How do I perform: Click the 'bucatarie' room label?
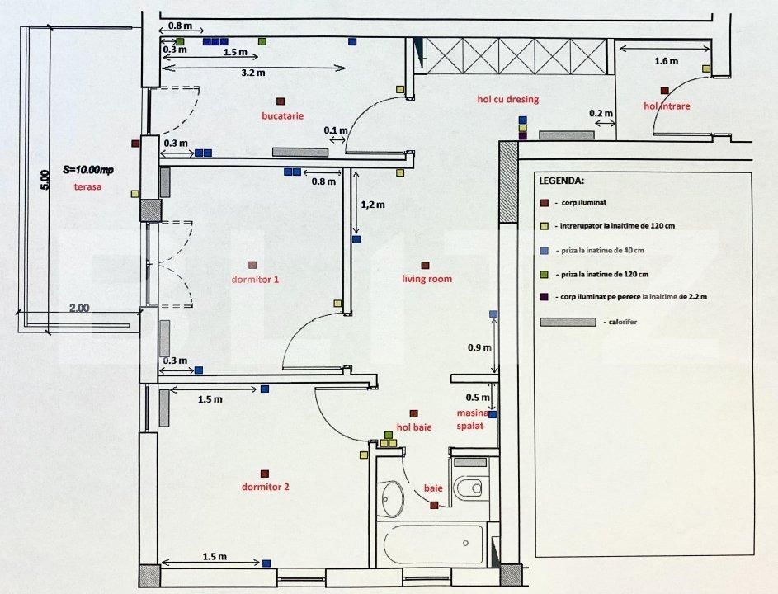pos(282,116)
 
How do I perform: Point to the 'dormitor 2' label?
pos(265,487)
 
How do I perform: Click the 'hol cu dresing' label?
pos(507,99)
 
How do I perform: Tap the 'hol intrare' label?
pos(667,106)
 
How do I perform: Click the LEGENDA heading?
pos(561,180)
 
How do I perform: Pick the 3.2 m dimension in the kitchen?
pos(252,73)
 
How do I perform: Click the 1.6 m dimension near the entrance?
pos(666,61)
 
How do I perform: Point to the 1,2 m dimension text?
pos(373,203)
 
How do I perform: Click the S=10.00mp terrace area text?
pos(88,170)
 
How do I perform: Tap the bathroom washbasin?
pos(393,497)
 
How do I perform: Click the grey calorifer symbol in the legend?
pos(568,321)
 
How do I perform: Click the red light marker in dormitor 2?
pos(265,474)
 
